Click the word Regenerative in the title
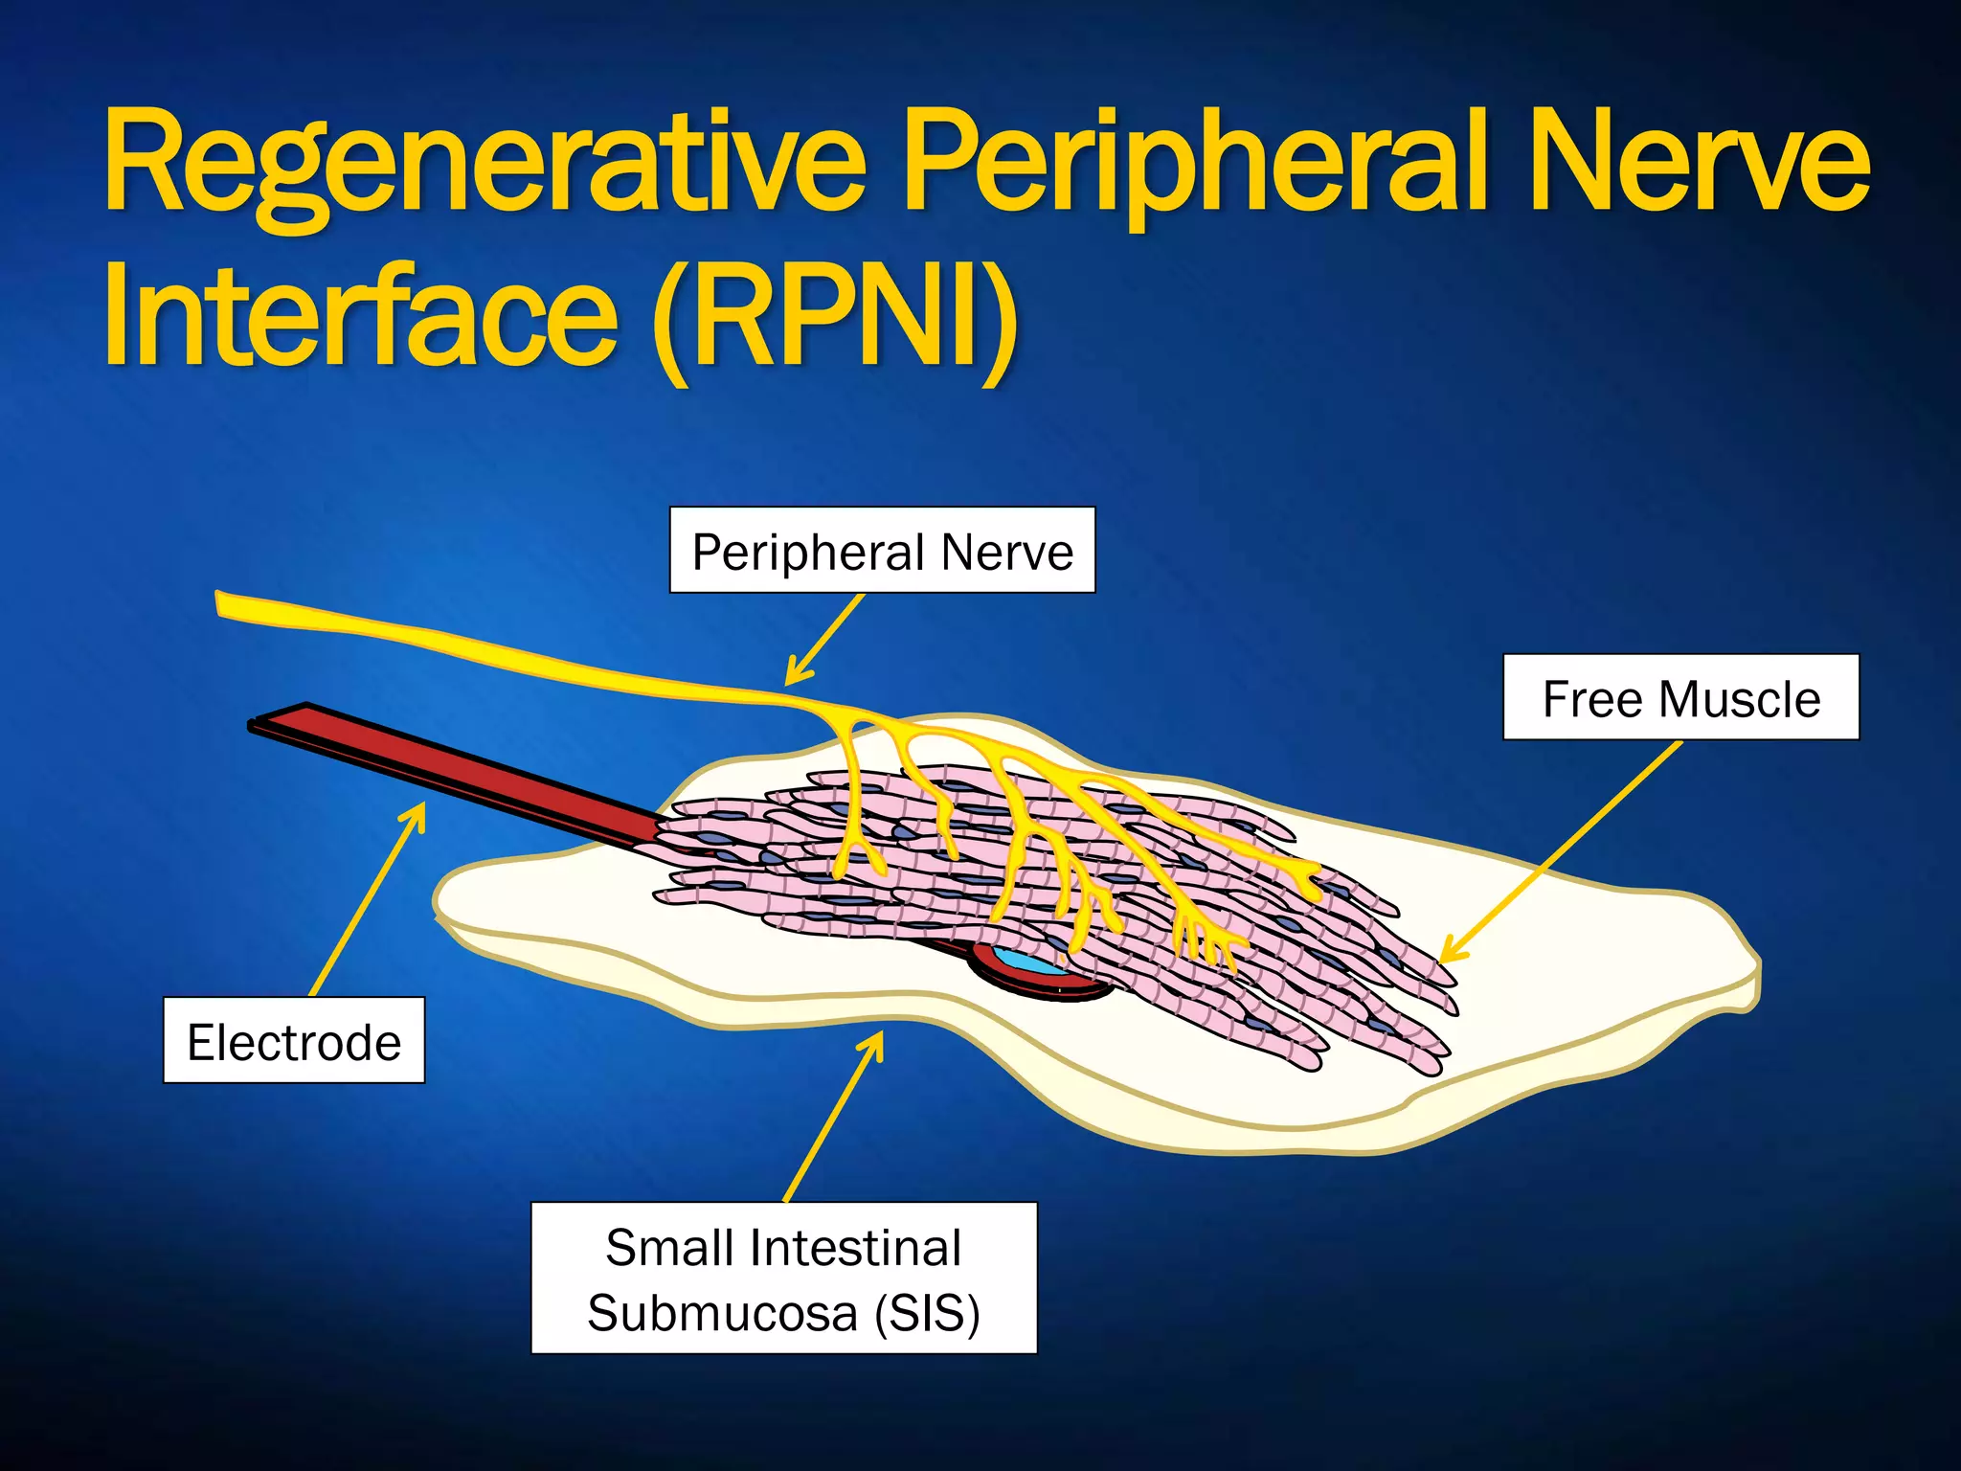coord(484,163)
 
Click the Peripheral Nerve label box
coord(882,551)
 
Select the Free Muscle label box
coord(1680,698)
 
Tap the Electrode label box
coord(294,1041)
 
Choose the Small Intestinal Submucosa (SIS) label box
coord(783,1279)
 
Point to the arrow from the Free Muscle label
coord(1561,851)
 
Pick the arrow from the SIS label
coord(833,1116)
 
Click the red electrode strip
coord(460,766)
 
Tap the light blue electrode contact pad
coord(1029,962)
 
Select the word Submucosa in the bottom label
coord(723,1313)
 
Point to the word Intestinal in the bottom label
coord(856,1248)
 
